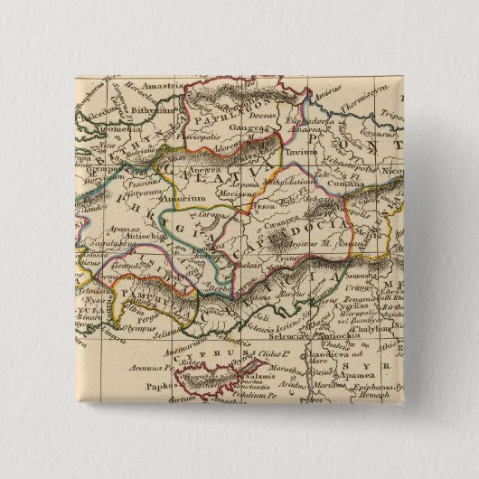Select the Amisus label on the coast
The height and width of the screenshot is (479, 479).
tap(325, 92)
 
